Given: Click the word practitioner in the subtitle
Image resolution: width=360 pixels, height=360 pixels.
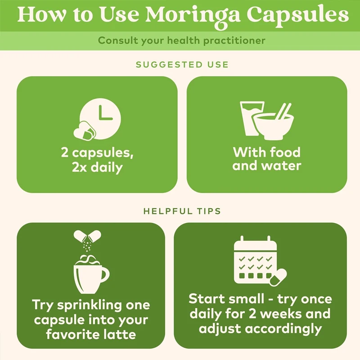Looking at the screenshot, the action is pos(234,40).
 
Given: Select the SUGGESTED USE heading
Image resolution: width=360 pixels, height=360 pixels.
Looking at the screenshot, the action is pos(182,64).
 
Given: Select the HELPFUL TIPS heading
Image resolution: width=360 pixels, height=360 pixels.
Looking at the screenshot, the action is pos(182,211).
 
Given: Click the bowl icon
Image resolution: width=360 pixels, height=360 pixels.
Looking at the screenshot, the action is pos(273,126).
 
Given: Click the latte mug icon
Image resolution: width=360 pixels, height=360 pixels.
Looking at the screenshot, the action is pos(91,274).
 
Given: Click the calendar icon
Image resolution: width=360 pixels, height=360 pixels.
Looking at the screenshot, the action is pos(255,260).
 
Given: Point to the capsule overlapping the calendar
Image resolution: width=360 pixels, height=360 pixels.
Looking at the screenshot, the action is pos(278,277).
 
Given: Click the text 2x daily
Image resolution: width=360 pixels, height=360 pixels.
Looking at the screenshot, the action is pos(97,167).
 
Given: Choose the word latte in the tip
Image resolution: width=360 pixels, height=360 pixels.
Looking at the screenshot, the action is pos(119,334).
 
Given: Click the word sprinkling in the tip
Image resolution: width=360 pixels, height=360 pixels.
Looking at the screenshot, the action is pos(90,306).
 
